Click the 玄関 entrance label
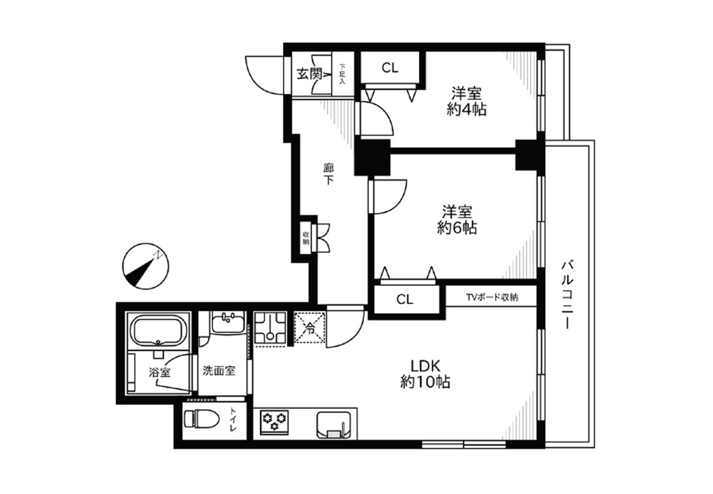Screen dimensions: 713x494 (309, 73)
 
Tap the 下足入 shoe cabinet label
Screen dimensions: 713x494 (342, 74)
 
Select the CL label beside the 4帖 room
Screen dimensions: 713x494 (389, 68)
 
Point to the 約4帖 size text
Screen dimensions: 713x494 (467, 109)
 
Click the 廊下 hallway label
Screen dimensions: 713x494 (328, 174)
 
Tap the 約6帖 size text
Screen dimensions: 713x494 (457, 227)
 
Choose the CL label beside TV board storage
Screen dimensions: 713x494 (404, 299)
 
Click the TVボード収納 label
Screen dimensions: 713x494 (492, 298)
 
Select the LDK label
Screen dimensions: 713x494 (425, 366)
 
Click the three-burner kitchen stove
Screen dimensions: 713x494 (274, 421)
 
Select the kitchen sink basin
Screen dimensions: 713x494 (335, 425)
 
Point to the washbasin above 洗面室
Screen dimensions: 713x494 (228, 322)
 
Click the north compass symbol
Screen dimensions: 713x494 (145, 266)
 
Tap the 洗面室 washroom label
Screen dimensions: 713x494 (219, 370)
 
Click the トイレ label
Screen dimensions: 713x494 (233, 421)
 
